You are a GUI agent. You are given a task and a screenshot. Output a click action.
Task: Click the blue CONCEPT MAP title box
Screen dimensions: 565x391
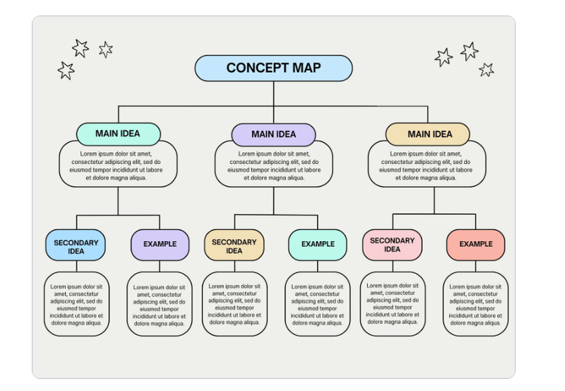273,68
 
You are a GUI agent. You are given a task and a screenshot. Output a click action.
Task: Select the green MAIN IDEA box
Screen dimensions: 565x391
118,134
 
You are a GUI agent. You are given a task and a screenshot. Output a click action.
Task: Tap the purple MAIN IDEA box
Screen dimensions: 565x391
273,134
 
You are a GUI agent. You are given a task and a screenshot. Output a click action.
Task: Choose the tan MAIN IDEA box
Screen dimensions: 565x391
428,134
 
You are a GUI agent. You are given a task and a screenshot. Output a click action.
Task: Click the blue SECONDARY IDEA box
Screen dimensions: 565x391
76,245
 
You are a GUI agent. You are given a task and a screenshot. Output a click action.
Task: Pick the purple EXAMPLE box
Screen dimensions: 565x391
160,245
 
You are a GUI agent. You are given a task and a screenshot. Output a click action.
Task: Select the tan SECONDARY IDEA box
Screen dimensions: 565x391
234,245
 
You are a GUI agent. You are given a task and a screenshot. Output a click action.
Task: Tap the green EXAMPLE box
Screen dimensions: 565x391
318,245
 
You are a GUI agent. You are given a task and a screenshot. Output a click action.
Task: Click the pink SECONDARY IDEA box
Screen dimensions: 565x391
393,245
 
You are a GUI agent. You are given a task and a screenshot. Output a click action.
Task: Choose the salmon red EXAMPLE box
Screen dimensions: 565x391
475,245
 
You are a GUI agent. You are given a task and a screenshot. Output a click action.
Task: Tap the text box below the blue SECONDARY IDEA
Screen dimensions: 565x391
76,304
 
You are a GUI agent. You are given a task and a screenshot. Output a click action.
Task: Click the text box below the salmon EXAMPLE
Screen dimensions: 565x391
475,304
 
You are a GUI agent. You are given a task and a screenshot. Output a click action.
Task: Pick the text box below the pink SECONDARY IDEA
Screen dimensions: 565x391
393,304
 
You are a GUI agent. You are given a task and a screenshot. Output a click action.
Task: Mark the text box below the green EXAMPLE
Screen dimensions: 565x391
317,304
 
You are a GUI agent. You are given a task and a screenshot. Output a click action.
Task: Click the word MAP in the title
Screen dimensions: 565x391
307,68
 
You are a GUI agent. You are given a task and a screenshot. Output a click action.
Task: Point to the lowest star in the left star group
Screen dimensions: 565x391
66,70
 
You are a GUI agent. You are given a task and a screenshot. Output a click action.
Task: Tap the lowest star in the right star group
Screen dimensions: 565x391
487,69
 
